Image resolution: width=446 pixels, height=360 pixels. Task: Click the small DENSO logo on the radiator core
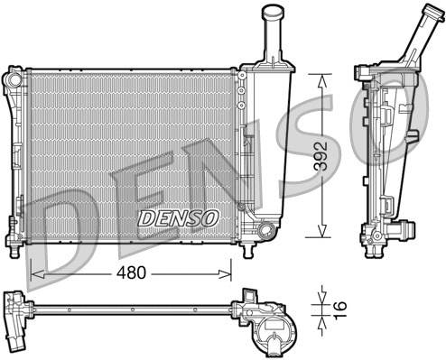coord(178,217)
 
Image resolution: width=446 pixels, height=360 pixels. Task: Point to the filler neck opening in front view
coord(274,11)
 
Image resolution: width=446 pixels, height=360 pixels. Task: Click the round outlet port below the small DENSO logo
coord(265,233)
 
